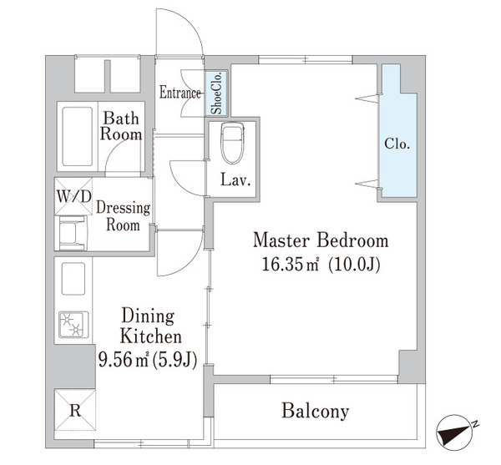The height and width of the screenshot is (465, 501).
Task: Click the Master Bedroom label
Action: pyautogui.click(x=321, y=241)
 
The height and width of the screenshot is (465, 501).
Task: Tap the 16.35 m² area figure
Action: pyautogui.click(x=282, y=266)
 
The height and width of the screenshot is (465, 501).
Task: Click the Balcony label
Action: pyautogui.click(x=315, y=411)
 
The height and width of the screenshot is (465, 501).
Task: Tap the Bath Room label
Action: pyautogui.click(x=121, y=126)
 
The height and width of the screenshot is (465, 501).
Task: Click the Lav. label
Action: pyautogui.click(x=232, y=179)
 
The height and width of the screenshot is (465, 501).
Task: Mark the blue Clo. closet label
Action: pyautogui.click(x=397, y=144)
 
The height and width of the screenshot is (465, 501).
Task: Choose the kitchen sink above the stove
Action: pyautogui.click(x=71, y=281)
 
